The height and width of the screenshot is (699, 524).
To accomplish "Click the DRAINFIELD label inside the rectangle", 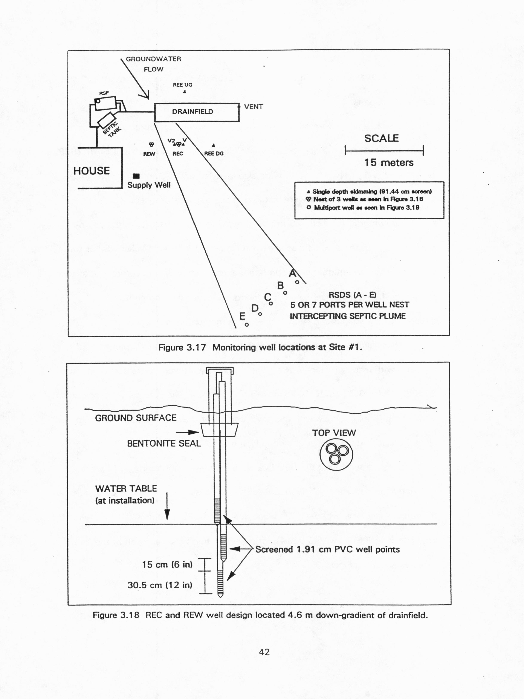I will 192,112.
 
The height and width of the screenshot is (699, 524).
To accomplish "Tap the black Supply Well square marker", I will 136,176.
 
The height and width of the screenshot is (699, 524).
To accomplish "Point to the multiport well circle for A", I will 297,282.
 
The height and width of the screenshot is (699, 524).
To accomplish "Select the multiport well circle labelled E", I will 247,324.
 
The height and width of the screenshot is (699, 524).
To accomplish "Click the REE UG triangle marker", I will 185,92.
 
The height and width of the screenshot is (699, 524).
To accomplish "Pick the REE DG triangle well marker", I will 214,145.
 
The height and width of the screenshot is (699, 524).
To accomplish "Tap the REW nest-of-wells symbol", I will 151,144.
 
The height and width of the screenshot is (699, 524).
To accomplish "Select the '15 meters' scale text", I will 389,163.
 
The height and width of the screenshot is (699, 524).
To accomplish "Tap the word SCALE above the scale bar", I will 382,138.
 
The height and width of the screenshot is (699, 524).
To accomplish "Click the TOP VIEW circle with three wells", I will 336,454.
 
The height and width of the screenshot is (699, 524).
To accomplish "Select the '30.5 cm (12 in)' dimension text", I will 160,585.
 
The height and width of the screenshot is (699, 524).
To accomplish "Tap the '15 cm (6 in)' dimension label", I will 167,564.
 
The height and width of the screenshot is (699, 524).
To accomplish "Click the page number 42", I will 264,652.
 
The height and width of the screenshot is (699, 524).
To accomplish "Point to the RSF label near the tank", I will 104,93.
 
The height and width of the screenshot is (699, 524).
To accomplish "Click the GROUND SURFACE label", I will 136,418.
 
